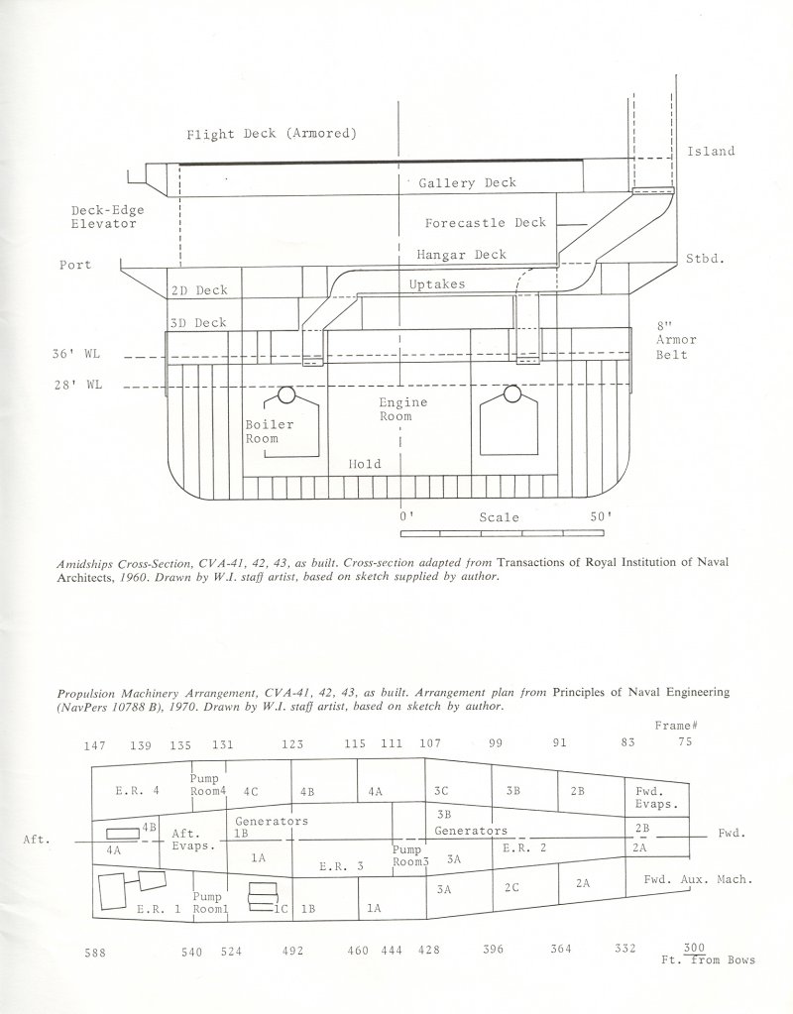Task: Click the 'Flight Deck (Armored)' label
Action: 272,134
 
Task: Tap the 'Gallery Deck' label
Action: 467,183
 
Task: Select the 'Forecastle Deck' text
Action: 485,222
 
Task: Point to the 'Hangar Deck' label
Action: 461,254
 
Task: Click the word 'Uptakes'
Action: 436,283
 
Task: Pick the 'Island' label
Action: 711,152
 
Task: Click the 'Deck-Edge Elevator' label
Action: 107,217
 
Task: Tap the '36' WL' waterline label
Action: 76,355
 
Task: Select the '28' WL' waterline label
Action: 76,386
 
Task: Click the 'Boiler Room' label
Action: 269,431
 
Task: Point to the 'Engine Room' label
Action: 403,409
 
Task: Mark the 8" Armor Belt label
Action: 676,340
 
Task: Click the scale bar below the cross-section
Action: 502,533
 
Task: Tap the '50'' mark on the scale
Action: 601,516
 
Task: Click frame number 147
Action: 94,745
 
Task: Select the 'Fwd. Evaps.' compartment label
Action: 656,798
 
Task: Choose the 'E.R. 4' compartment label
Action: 137,790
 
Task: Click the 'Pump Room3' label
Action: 410,855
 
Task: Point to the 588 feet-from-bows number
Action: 95,953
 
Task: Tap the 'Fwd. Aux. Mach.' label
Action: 699,879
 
